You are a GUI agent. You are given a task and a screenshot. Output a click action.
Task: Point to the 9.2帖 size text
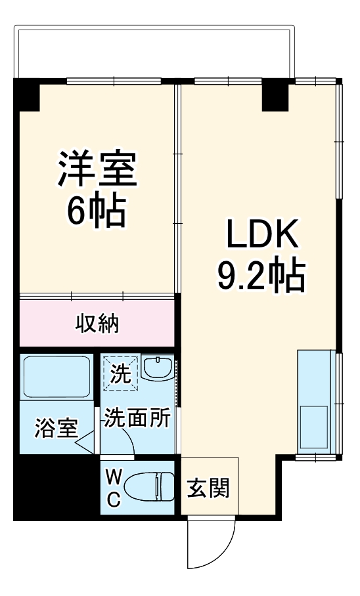coord(261,276)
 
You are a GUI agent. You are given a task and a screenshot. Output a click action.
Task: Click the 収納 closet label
coord(97,323)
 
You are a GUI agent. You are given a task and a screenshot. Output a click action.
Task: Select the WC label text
coord(114,488)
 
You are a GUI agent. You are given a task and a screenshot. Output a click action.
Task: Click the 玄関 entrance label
coord(209,488)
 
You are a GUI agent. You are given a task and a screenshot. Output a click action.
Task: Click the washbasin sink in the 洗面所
coord(158,370)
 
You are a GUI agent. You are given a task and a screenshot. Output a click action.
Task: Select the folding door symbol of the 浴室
coord(86,446)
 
